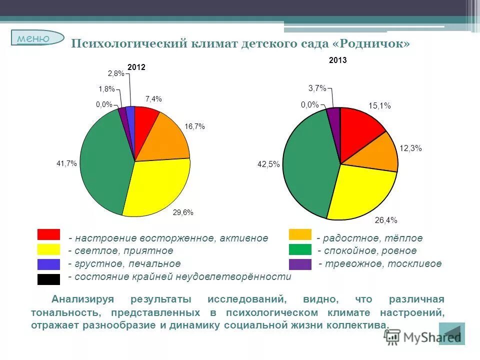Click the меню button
(37, 38)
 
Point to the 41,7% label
(66, 163)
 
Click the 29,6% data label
(183, 212)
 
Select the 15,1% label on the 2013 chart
(379, 106)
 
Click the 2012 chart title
(136, 67)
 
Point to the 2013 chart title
(337, 60)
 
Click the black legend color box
(48, 279)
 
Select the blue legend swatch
(48, 264)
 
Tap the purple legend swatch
(300, 264)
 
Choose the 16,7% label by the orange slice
(194, 126)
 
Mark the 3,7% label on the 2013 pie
(317, 88)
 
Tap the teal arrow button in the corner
(451, 334)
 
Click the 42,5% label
(268, 163)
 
